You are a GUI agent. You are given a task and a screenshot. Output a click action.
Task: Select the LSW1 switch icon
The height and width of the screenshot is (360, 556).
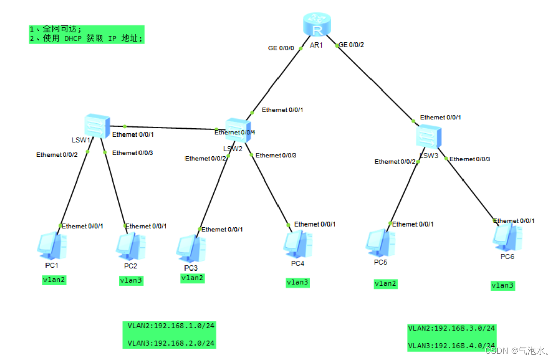click(x=97, y=125)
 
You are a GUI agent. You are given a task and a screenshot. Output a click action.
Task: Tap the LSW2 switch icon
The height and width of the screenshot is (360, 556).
click(x=238, y=130)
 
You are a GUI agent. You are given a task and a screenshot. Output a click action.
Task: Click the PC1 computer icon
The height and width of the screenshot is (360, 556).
click(x=52, y=245)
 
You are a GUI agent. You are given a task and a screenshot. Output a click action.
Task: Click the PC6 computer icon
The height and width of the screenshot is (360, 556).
click(x=507, y=237)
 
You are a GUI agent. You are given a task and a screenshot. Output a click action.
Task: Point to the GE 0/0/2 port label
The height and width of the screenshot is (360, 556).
click(x=351, y=44)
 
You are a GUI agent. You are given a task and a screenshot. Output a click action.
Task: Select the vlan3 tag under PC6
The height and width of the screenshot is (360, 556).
click(x=502, y=286)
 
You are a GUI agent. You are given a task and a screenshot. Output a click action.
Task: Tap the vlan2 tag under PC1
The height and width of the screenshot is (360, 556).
click(x=54, y=280)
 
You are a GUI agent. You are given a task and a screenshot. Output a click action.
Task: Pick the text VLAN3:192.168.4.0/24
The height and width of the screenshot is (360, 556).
click(x=451, y=346)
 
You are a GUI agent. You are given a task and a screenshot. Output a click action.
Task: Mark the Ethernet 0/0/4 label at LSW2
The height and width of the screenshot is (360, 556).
click(x=235, y=133)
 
